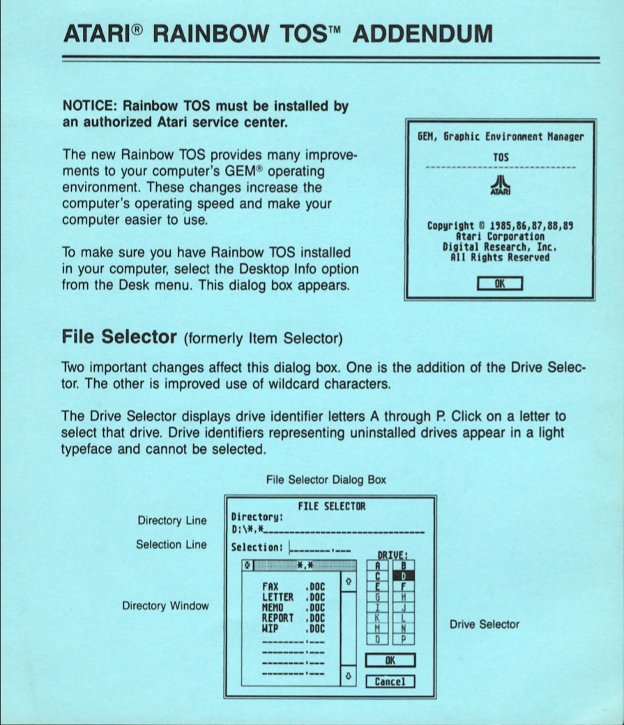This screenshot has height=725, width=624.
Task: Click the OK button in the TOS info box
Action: pyautogui.click(x=499, y=283)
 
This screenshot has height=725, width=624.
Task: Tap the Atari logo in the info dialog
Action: pyautogui.click(x=499, y=185)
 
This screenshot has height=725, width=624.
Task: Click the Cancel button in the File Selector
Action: pyautogui.click(x=390, y=681)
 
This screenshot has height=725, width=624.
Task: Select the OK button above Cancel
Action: pyautogui.click(x=390, y=659)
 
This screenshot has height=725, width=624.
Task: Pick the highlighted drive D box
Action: pyautogui.click(x=403, y=577)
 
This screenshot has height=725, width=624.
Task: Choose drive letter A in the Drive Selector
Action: pyautogui.click(x=377, y=566)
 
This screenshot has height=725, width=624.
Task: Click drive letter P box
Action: pyautogui.click(x=403, y=638)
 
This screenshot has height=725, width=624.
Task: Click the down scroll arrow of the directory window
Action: pyautogui.click(x=349, y=676)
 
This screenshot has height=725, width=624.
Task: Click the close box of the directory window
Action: pyautogui.click(x=245, y=565)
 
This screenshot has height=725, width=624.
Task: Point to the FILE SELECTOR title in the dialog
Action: pyautogui.click(x=331, y=506)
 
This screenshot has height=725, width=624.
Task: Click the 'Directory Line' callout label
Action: pyautogui.click(x=172, y=521)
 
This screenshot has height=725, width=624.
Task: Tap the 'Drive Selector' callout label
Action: pyautogui.click(x=484, y=624)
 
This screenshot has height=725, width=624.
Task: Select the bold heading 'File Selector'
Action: pyautogui.click(x=119, y=337)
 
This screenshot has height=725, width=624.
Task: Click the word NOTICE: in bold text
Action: pyautogui.click(x=89, y=107)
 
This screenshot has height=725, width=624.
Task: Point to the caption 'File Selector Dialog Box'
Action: pyautogui.click(x=326, y=480)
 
